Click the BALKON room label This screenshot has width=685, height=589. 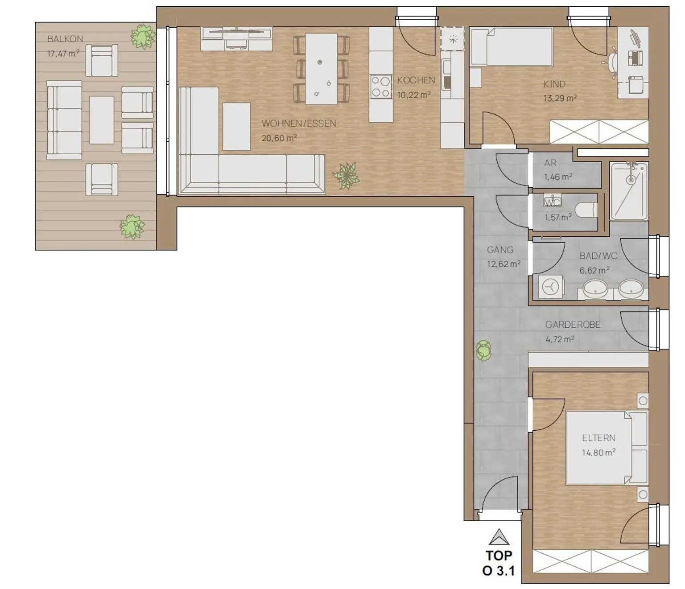[65, 39]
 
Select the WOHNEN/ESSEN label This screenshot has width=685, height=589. [299, 124]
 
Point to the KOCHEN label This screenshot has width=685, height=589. [416, 80]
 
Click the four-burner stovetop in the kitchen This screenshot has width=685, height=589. [381, 86]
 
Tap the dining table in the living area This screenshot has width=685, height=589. [321, 69]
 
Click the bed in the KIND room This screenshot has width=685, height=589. [512, 46]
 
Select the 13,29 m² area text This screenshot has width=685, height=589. [559, 98]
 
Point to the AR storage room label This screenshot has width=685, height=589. [550, 163]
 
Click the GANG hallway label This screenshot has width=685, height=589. [500, 250]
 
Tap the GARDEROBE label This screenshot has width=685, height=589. [573, 325]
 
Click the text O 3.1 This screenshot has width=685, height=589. [499, 571]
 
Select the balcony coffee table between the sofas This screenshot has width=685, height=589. [102, 120]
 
